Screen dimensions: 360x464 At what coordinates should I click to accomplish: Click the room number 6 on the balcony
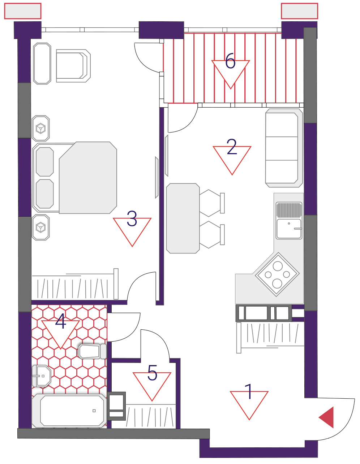pyautogui.click(x=230, y=61)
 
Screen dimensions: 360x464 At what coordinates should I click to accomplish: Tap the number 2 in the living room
pyautogui.click(x=232, y=147)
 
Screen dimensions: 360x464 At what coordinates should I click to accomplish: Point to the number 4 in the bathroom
pyautogui.click(x=60, y=321)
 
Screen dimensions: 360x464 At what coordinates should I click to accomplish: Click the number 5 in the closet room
pyautogui.click(x=152, y=372)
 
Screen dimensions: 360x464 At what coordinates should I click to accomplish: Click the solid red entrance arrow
pyautogui.click(x=326, y=417)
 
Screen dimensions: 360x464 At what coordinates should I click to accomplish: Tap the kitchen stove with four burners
pyautogui.click(x=277, y=274)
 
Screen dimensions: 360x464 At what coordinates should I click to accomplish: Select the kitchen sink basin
pyautogui.click(x=289, y=229)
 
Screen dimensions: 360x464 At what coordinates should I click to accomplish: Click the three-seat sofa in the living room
pyautogui.click(x=284, y=148)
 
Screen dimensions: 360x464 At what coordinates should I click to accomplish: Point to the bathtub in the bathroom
pyautogui.click(x=69, y=411)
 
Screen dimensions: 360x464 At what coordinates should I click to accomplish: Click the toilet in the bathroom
pyautogui.click(x=92, y=351)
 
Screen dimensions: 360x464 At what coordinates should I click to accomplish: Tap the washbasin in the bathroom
pyautogui.click(x=42, y=376)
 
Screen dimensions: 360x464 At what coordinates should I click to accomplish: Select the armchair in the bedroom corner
pyautogui.click(x=73, y=66)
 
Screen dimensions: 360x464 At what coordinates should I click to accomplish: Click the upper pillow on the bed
pyautogui.click(x=45, y=162)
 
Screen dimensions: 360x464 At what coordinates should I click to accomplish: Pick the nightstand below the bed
pyautogui.click(x=40, y=227)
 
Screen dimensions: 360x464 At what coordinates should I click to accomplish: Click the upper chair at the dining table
pyautogui.click(x=212, y=203)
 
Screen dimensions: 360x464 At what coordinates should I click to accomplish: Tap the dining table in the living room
pyautogui.click(x=183, y=218)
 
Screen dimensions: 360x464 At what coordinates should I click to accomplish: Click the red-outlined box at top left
pyautogui.click(x=23, y=11)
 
